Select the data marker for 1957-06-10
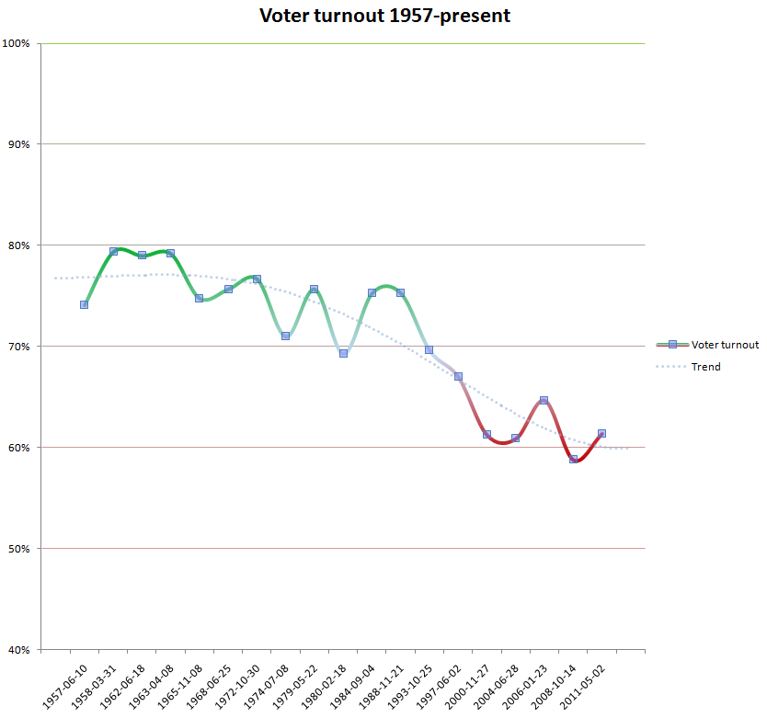pos(85,304)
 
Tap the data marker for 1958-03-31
pos(113,251)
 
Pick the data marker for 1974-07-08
pos(285,336)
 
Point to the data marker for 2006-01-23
pos(544,400)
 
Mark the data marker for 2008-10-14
pos(573,459)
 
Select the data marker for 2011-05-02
pos(601,433)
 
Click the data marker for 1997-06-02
pos(458,376)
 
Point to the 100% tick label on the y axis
pos(17,43)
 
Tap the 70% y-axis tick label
pos(20,347)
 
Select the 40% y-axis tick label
pos(20,650)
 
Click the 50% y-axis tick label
pos(20,549)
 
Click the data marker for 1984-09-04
pos(372,292)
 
